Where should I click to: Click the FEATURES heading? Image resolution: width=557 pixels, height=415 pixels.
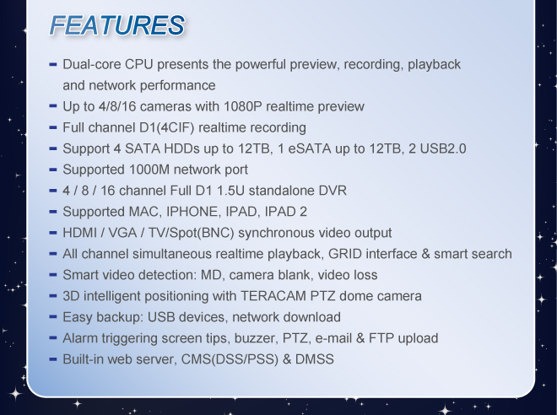click(116, 24)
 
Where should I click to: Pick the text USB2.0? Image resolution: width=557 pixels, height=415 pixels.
click(443, 148)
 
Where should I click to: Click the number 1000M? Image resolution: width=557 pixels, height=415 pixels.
click(149, 170)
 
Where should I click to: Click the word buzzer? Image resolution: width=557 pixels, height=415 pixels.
click(255, 338)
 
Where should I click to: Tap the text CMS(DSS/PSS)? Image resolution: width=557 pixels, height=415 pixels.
click(230, 359)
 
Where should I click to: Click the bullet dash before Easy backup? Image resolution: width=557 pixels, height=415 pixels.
click(53, 316)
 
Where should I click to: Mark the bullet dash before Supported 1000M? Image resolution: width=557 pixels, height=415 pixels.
click(53, 170)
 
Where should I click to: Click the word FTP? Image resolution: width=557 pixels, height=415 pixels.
click(381, 338)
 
